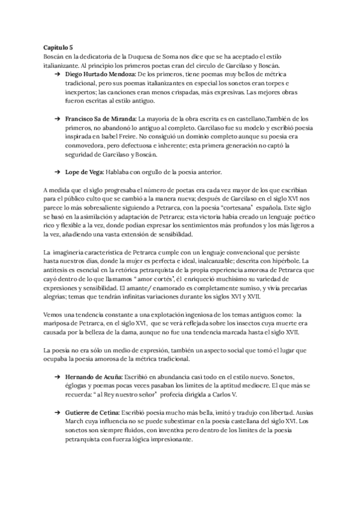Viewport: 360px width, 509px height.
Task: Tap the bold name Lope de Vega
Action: pyautogui.click(x=84, y=172)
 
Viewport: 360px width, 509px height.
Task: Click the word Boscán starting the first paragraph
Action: pyautogui.click(x=55, y=56)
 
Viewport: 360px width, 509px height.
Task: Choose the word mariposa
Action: pyautogui.click(x=59, y=322)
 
